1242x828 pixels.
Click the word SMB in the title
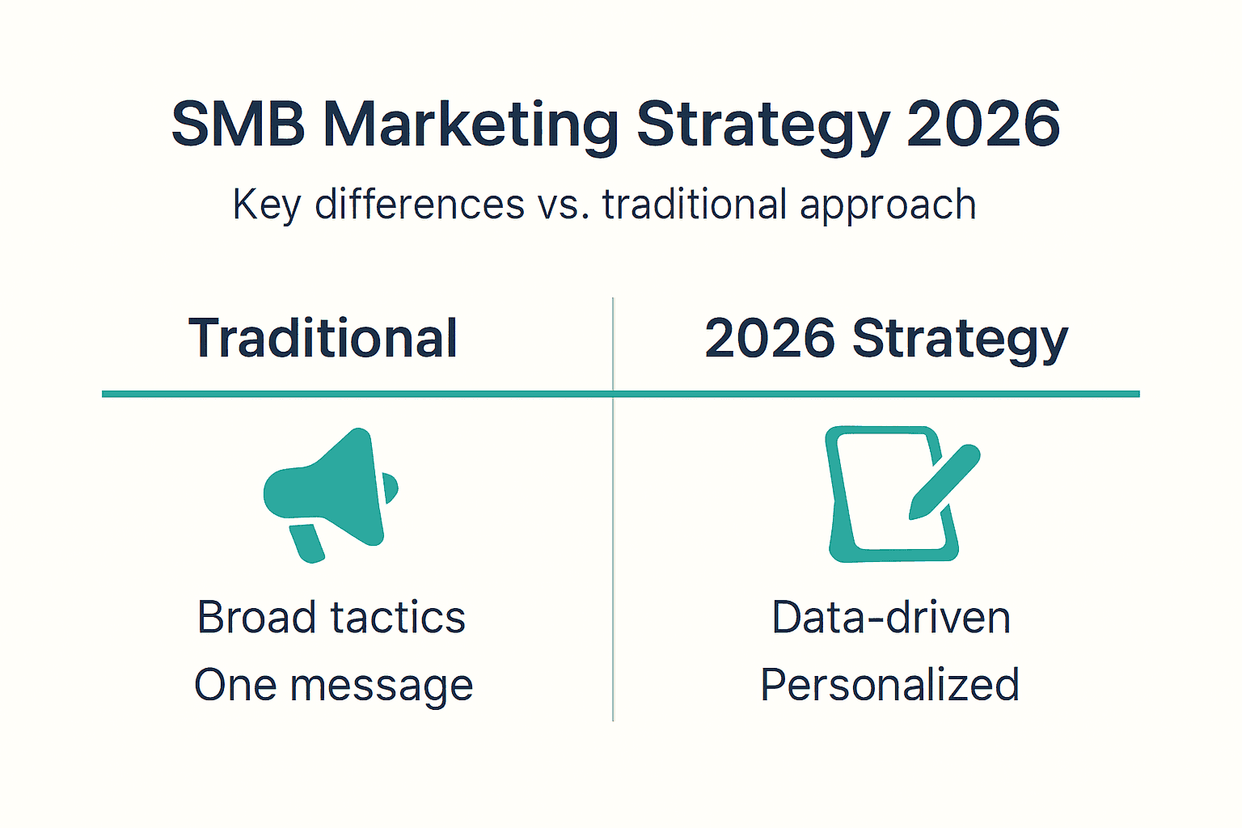(239, 125)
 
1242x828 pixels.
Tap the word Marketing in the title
(471, 126)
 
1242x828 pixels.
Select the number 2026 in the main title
(982, 125)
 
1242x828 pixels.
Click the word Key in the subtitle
(266, 205)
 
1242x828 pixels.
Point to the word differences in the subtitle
(420, 204)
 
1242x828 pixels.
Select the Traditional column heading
(323, 338)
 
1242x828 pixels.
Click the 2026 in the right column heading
(769, 338)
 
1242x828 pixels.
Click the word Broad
(256, 618)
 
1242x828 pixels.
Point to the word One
(234, 686)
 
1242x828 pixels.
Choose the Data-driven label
(891, 618)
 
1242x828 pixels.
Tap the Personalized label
(889, 686)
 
